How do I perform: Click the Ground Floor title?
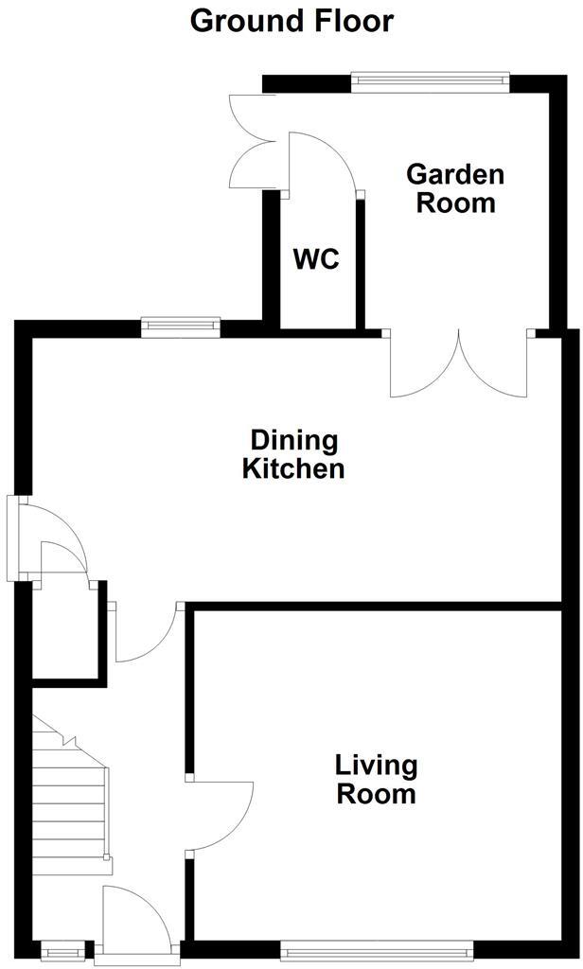click(x=291, y=20)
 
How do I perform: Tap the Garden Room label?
click(x=455, y=188)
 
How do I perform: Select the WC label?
click(x=316, y=259)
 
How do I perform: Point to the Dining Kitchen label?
click(x=293, y=454)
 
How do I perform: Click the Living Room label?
click(x=376, y=779)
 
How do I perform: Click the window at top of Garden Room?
click(x=431, y=82)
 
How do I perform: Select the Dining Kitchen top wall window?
click(x=181, y=327)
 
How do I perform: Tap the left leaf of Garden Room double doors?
click(x=424, y=369)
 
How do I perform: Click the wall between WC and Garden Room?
click(x=360, y=260)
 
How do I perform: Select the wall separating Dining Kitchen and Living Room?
click(x=379, y=607)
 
